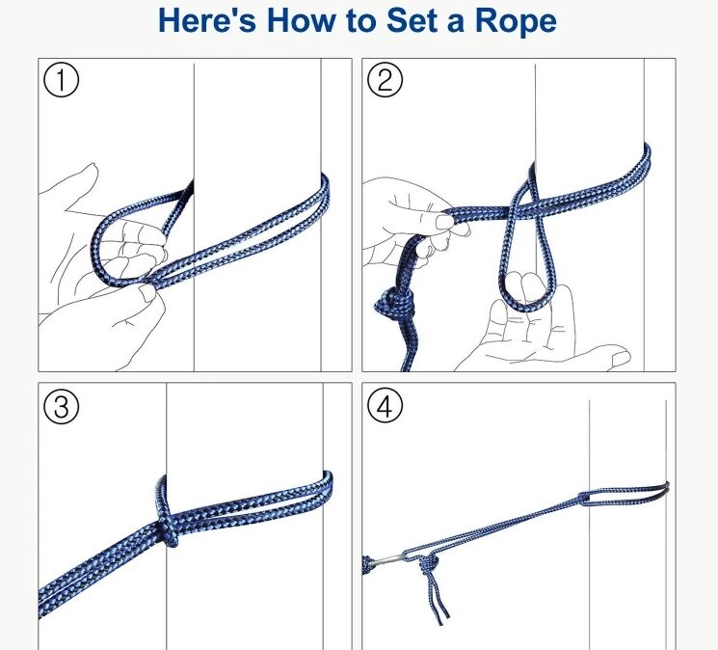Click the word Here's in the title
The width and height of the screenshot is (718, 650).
(207, 20)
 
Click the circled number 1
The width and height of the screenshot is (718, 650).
(61, 80)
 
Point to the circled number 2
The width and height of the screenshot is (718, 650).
(386, 80)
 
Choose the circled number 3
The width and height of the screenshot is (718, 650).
(61, 406)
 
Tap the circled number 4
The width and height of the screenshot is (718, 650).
(386, 406)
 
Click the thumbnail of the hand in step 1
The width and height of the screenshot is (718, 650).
(147, 292)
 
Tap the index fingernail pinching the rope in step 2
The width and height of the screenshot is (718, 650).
(443, 222)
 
